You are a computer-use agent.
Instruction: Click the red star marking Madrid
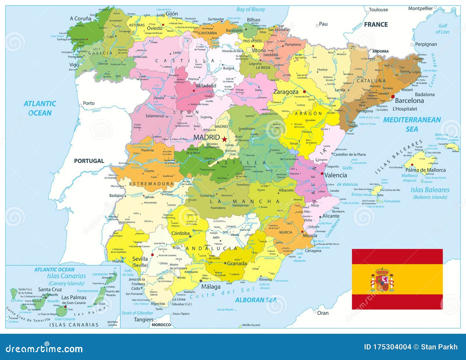[x=224, y=139]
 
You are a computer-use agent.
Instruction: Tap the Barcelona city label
[x=409, y=101]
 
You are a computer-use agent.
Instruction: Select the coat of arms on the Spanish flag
[x=382, y=280]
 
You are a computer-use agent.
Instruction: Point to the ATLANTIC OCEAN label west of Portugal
[x=40, y=108]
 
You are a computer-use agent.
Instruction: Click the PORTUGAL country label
[x=89, y=161]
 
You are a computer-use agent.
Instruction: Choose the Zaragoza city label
[x=285, y=92]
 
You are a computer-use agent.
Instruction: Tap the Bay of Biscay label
[x=250, y=9]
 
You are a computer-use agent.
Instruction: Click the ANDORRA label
[x=380, y=51]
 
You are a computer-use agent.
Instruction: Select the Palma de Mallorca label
[x=425, y=170]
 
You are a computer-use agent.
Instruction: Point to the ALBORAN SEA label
[x=256, y=300]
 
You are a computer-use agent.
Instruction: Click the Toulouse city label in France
[x=378, y=10]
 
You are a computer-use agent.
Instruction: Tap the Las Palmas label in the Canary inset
[x=74, y=297]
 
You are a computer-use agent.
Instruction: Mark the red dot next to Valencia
[x=322, y=173]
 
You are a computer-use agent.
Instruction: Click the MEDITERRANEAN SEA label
[x=412, y=124]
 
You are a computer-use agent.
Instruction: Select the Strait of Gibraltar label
[x=137, y=313]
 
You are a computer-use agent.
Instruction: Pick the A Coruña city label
[x=80, y=18]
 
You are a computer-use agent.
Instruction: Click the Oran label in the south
[x=322, y=313]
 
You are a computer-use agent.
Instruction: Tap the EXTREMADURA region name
[x=151, y=184]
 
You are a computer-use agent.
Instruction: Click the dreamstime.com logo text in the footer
[x=44, y=348]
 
